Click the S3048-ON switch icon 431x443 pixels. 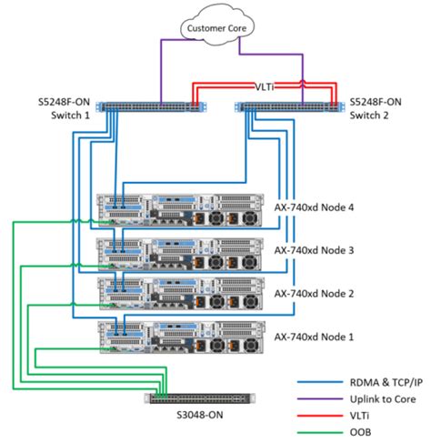[201, 398]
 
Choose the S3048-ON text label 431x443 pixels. [202, 416]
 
